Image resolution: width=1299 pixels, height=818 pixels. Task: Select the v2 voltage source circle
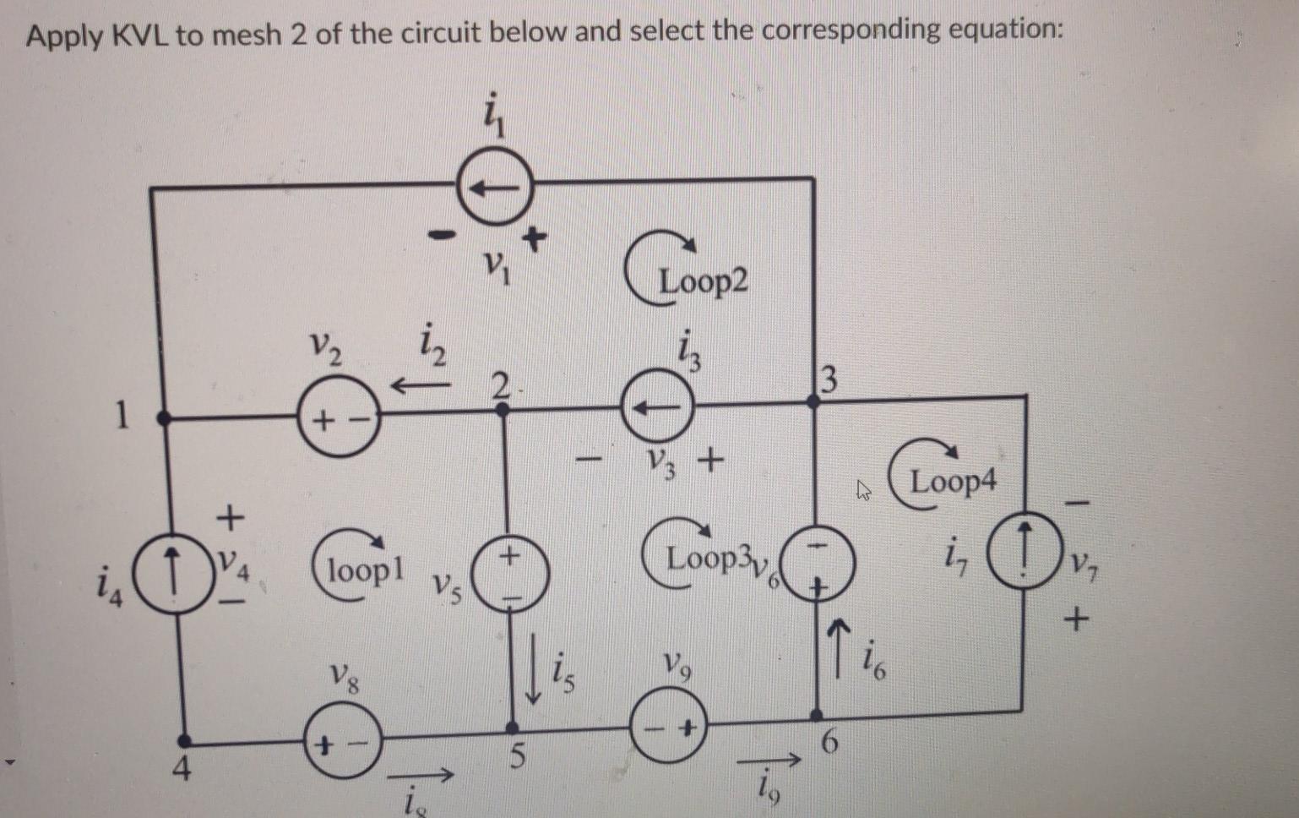pos(338,418)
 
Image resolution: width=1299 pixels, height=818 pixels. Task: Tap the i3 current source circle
pos(658,407)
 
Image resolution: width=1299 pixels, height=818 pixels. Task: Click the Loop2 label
pos(703,281)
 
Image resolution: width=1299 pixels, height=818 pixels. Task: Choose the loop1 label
pos(366,570)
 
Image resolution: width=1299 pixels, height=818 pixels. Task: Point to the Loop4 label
pos(953,482)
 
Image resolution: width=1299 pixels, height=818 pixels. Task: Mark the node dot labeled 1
pos(165,417)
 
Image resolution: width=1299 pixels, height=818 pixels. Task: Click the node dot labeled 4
pos(187,741)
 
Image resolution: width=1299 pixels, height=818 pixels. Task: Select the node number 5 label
pos(519,754)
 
